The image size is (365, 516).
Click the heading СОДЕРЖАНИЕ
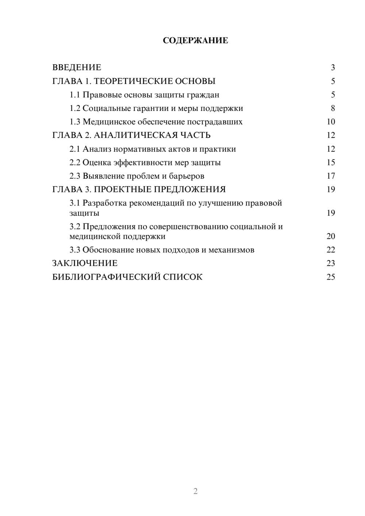click(195, 41)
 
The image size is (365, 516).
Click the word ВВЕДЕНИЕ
click(77, 68)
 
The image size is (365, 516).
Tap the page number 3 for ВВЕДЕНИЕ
click(333, 68)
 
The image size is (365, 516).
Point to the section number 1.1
click(75, 95)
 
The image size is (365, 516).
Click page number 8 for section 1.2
click(333, 108)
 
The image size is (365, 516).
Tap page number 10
click(331, 122)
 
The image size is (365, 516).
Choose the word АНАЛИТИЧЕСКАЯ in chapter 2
click(135, 135)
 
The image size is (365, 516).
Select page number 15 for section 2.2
click(331, 162)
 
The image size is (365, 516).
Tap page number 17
click(331, 176)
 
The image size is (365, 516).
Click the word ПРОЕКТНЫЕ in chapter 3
click(124, 189)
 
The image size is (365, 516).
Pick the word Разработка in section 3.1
click(105, 203)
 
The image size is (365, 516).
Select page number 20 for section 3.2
click(331, 236)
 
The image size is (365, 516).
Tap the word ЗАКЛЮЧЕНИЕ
click(85, 263)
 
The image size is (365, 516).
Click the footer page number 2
click(195, 491)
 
